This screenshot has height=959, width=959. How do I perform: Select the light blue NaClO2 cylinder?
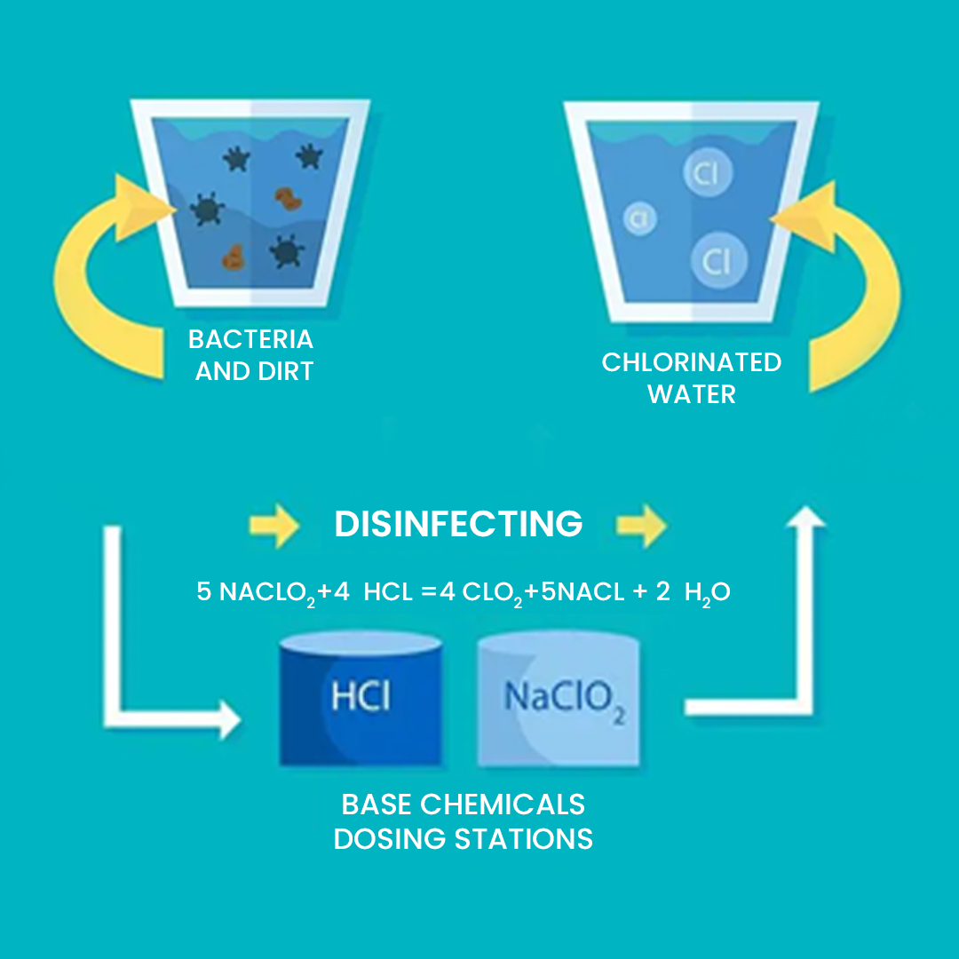pos(558,701)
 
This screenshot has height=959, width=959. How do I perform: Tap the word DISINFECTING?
pos(458,524)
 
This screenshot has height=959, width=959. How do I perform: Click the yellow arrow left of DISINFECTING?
pos(275,525)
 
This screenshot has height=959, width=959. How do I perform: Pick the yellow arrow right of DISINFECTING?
pos(642,525)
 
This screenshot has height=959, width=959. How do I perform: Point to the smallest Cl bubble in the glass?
pos(639,218)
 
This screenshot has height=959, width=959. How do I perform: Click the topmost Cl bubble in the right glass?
pos(707,173)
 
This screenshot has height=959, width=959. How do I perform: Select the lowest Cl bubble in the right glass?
pos(718,261)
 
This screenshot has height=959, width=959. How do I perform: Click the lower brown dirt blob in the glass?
pos(234,258)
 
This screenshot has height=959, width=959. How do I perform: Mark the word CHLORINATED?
pos(691,362)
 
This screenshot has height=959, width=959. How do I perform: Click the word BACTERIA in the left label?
pos(250,339)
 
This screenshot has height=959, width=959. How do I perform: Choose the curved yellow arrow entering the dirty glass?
pos(107,266)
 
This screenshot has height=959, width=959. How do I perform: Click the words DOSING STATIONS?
pos(463,838)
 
